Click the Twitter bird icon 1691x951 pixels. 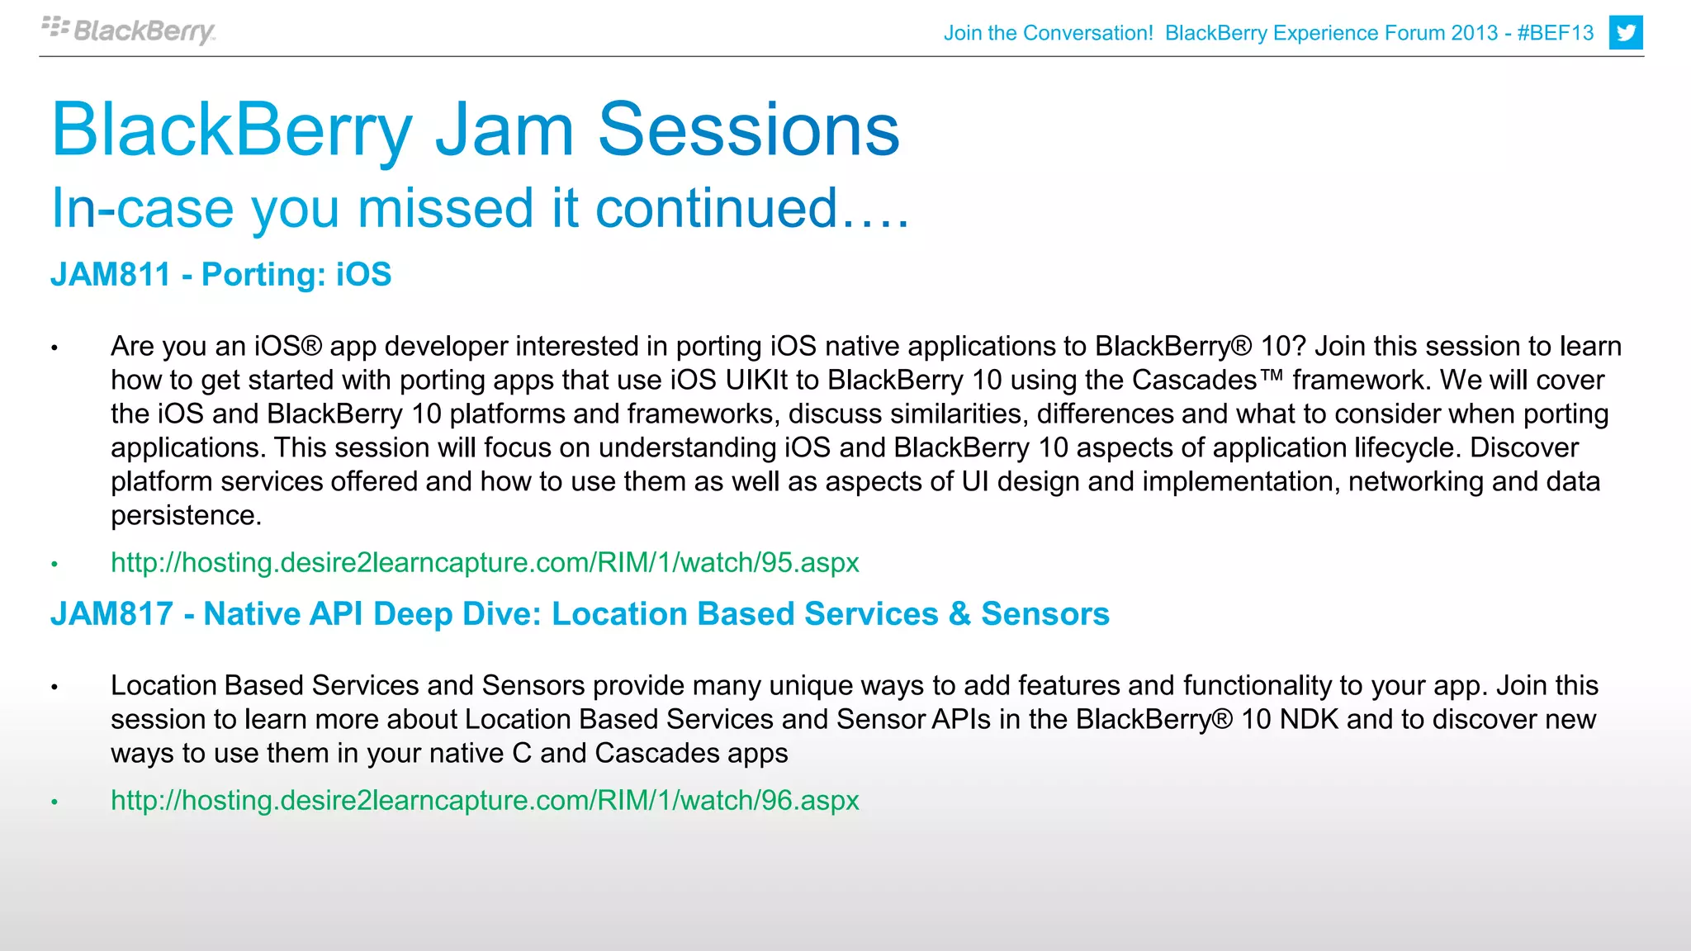tap(1625, 33)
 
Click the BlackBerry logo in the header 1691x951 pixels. tap(129, 31)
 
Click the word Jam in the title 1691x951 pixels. tap(504, 130)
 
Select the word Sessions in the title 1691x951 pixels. tap(748, 130)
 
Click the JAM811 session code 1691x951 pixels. tap(111, 275)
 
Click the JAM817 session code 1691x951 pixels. tap(111, 614)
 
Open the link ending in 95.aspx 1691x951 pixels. tap(485, 563)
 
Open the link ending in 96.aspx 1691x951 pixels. tap(485, 801)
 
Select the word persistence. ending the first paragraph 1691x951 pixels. tap(186, 515)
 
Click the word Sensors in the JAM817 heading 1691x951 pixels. tap(1044, 614)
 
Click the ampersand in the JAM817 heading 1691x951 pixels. tap(959, 614)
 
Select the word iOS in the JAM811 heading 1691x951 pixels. tap(363, 275)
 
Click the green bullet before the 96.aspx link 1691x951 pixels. tap(54, 802)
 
